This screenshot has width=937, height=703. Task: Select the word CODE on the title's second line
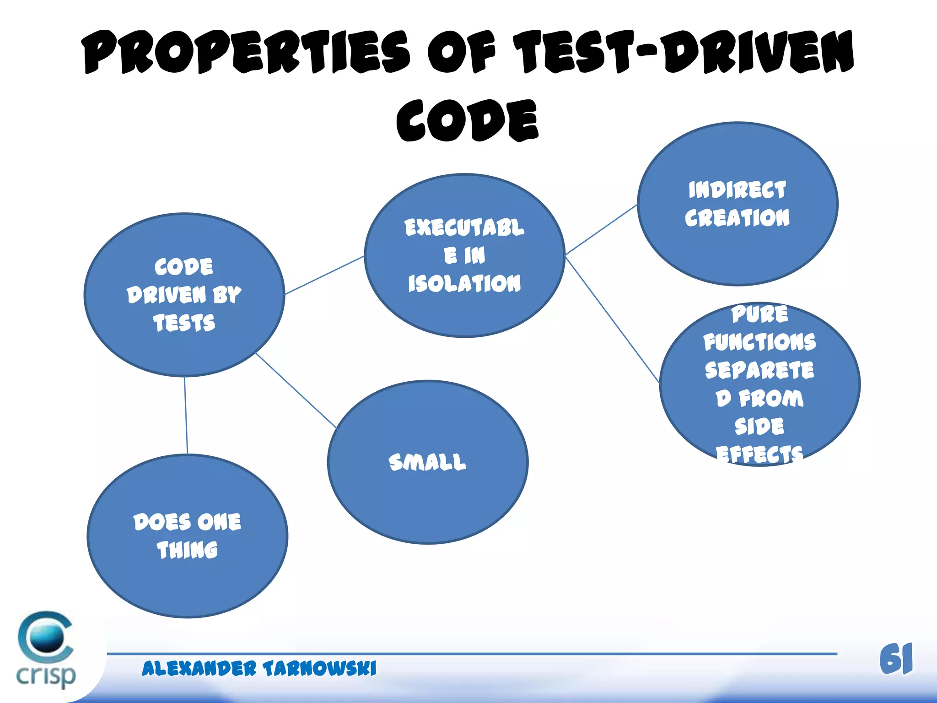(467, 120)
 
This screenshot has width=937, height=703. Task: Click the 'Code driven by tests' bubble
(184, 348)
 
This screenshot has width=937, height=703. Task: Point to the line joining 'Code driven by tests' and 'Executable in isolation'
(324, 275)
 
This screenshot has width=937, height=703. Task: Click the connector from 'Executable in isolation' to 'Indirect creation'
(601, 229)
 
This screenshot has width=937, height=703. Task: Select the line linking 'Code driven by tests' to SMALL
(296, 390)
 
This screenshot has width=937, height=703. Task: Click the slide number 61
(895, 659)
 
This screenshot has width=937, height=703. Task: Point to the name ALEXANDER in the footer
(199, 668)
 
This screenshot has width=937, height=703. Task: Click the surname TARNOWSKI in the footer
(319, 668)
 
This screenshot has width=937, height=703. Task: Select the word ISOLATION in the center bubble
(464, 283)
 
